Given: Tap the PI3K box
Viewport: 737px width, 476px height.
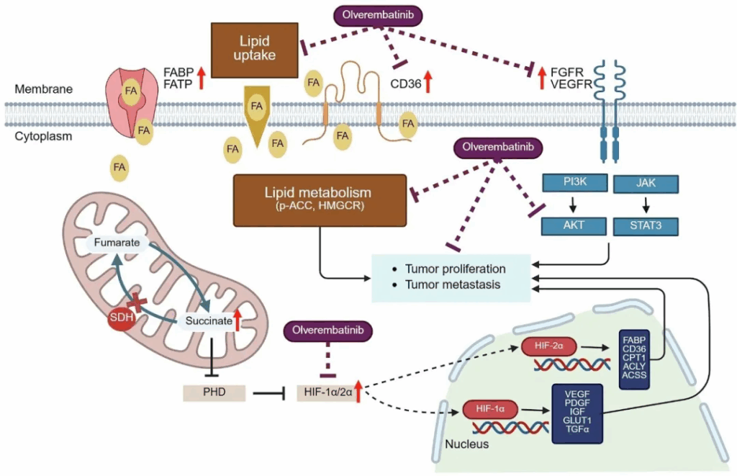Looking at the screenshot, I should click(x=570, y=183).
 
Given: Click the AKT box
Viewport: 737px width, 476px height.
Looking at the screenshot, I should click(x=570, y=225).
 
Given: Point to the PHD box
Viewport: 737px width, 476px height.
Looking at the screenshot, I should click(x=214, y=393).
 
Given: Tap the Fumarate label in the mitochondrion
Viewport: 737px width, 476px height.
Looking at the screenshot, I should click(x=116, y=243).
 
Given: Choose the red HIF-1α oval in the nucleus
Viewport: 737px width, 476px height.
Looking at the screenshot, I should click(x=490, y=408).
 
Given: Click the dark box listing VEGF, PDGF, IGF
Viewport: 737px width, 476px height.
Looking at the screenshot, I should click(x=577, y=413).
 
